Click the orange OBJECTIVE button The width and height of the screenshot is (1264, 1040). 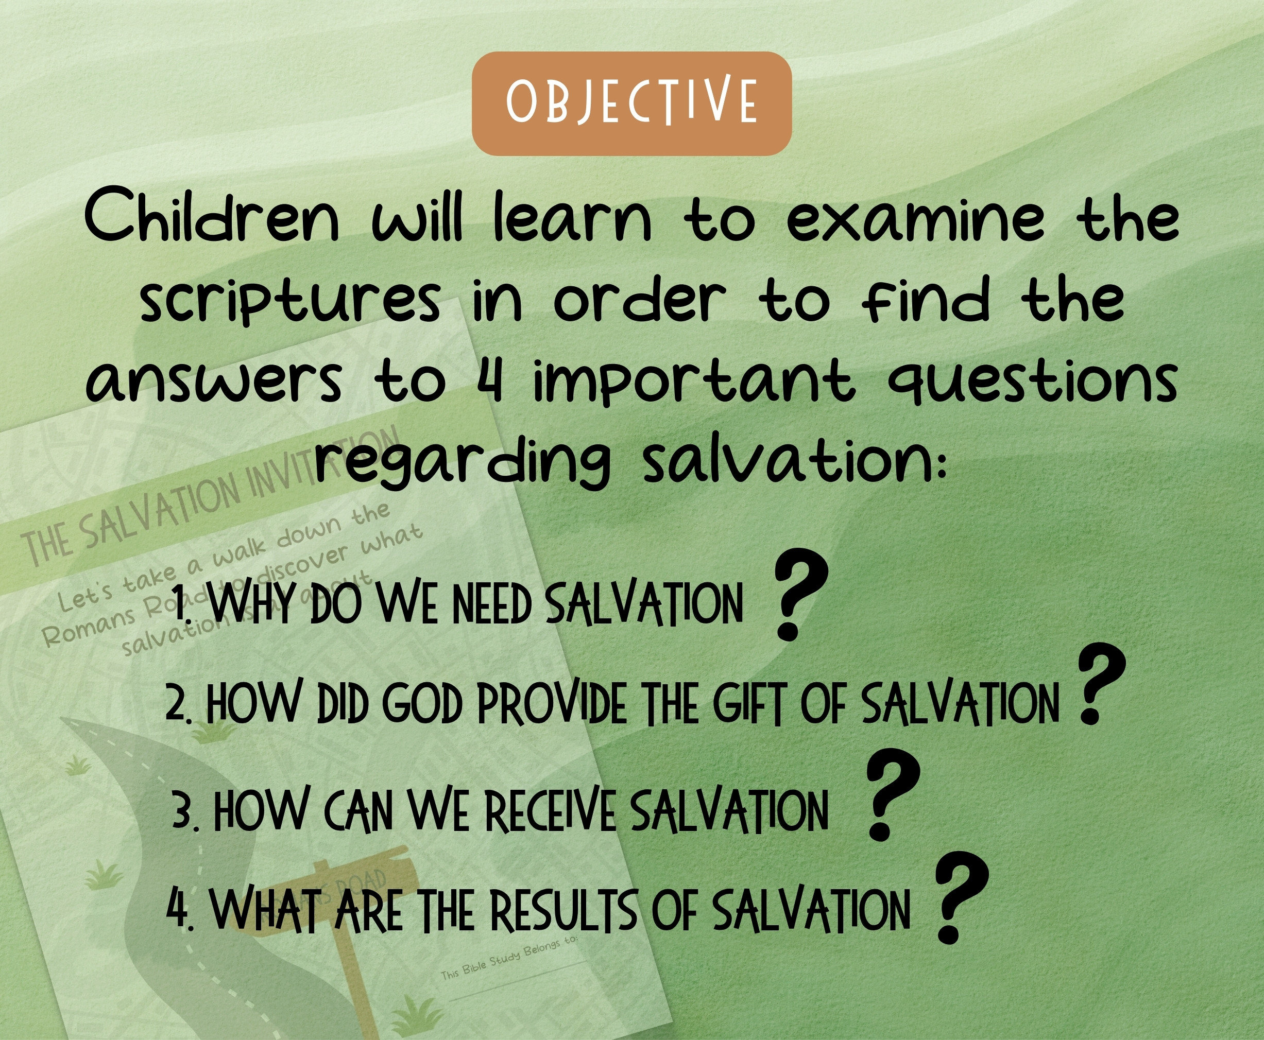(x=631, y=103)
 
